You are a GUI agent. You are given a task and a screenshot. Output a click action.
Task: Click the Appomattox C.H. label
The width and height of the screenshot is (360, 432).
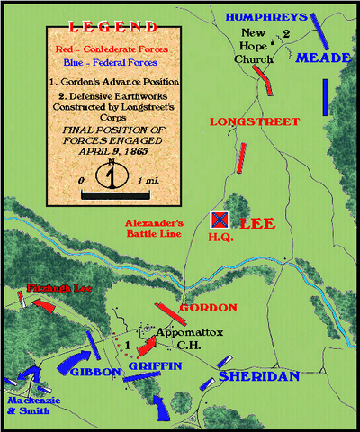(x=186, y=337)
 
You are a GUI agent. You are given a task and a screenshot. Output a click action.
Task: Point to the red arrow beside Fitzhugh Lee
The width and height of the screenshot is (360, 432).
(x=42, y=307)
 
